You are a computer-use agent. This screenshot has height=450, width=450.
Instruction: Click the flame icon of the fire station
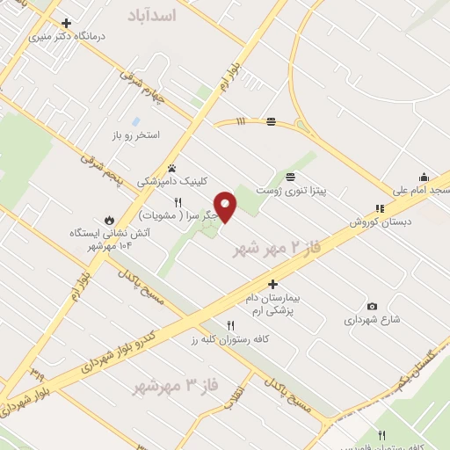coord(109,220)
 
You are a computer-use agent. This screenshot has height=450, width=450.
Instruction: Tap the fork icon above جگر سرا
coord(178,202)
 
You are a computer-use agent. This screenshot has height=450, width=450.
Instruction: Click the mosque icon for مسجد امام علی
coord(424,177)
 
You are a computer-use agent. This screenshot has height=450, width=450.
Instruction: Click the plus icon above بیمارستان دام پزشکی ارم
coord(273,284)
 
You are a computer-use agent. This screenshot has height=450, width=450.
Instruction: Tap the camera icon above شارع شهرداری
coord(372,305)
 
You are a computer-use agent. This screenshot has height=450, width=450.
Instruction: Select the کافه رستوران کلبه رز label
coord(230,337)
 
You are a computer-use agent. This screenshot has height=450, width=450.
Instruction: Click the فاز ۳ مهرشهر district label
coord(172,385)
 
